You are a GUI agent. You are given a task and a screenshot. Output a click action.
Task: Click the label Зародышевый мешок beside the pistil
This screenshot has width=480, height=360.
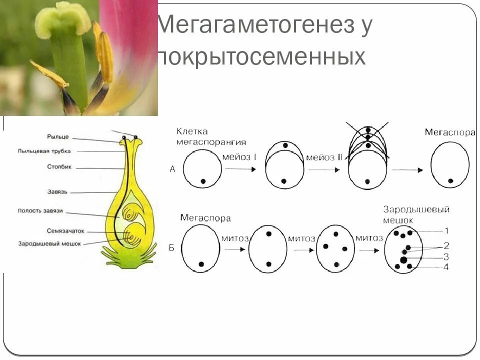click(49, 243)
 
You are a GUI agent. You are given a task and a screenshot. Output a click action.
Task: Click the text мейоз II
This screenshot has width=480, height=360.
click(324, 157)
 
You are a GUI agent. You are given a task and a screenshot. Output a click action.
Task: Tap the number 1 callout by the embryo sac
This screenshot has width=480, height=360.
click(446, 230)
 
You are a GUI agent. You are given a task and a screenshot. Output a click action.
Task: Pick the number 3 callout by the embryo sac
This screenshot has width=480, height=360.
click(446, 256)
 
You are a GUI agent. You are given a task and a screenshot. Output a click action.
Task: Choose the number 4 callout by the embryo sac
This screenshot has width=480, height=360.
click(446, 267)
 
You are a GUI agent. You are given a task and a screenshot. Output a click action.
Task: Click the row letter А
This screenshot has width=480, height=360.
click(172, 169)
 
